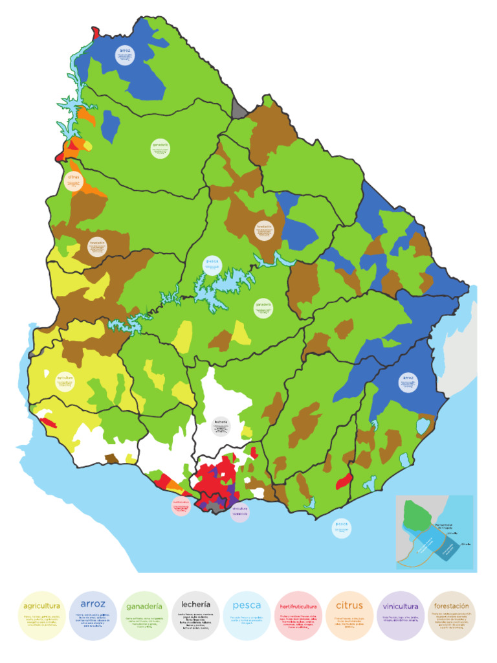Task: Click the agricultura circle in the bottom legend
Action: coord(42,616)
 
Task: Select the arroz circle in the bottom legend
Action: coord(93,616)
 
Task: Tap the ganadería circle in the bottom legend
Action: coord(144,616)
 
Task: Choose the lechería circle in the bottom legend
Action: coord(195,616)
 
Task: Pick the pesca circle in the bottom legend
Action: coord(247,616)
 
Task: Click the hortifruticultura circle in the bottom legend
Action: coord(298,616)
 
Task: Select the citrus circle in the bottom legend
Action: coord(349,616)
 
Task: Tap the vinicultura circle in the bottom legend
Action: coord(400,616)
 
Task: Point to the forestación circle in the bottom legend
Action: coord(451,616)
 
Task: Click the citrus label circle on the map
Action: coord(73,181)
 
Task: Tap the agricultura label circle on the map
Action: coord(64,381)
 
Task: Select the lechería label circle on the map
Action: coord(221,426)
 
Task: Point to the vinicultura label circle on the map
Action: coord(239,512)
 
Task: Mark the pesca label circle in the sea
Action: coord(342,528)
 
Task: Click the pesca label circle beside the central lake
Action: coord(212,265)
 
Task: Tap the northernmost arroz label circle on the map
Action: coord(125,55)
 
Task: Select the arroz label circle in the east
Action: coord(407,381)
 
